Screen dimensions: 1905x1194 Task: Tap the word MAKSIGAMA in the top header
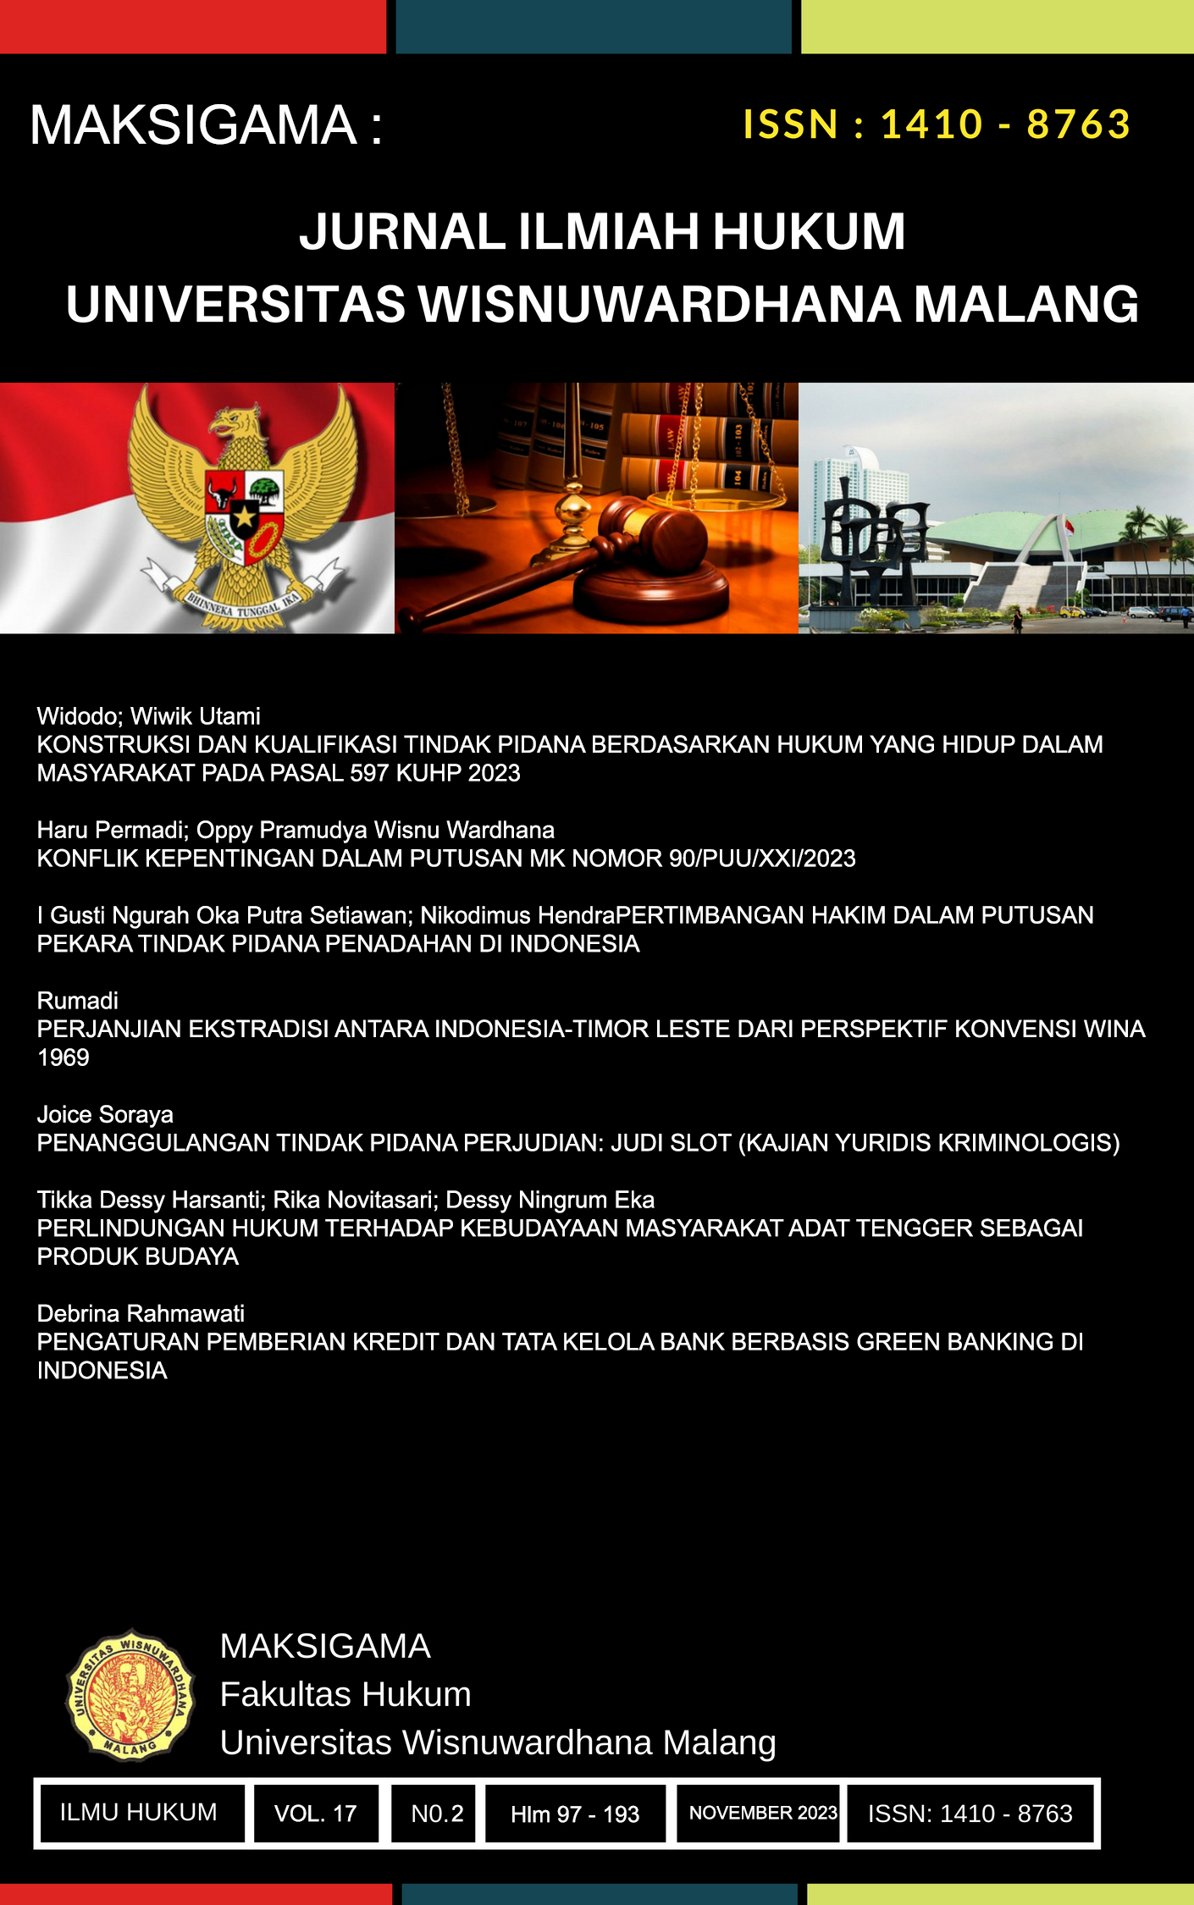(193, 125)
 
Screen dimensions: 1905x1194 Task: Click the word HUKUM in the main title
(809, 232)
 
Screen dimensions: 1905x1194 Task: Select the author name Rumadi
(78, 1001)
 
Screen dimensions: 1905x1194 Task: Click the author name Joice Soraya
(105, 1114)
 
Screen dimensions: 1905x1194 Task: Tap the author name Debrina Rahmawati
(141, 1313)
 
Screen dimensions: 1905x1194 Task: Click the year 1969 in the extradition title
(64, 1057)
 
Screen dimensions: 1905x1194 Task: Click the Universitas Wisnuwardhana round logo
(130, 1695)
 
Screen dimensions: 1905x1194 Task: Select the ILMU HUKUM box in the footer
(139, 1812)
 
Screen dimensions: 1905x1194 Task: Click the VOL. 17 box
(315, 1813)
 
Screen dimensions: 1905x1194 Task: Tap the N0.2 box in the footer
(437, 1813)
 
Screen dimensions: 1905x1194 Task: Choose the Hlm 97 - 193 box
(575, 1814)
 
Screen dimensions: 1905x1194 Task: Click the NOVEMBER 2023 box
(762, 1813)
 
